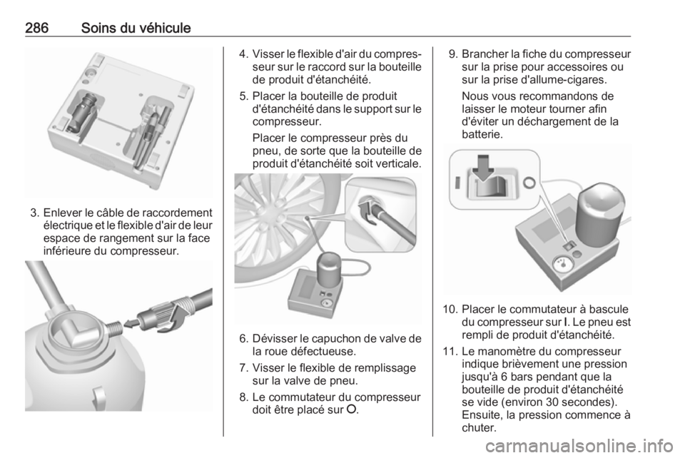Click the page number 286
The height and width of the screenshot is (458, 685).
point(36,28)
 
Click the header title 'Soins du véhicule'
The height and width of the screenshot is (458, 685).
point(136,28)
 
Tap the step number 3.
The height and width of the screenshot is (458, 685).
point(34,213)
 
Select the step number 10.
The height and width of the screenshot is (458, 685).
point(450,310)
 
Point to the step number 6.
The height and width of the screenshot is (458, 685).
point(244,339)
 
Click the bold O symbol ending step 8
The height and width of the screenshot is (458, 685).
point(351,410)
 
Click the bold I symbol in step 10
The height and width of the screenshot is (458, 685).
point(566,322)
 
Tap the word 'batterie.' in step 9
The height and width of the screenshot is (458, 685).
point(482,134)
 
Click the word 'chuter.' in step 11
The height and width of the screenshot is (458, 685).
point(479,428)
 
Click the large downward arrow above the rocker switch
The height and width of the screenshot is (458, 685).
point(483,167)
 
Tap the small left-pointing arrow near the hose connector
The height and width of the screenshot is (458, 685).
point(131,324)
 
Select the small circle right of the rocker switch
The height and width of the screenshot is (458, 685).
point(529,183)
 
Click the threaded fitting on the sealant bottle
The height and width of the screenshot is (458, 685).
point(113,329)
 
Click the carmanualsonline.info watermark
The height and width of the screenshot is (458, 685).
point(579,446)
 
